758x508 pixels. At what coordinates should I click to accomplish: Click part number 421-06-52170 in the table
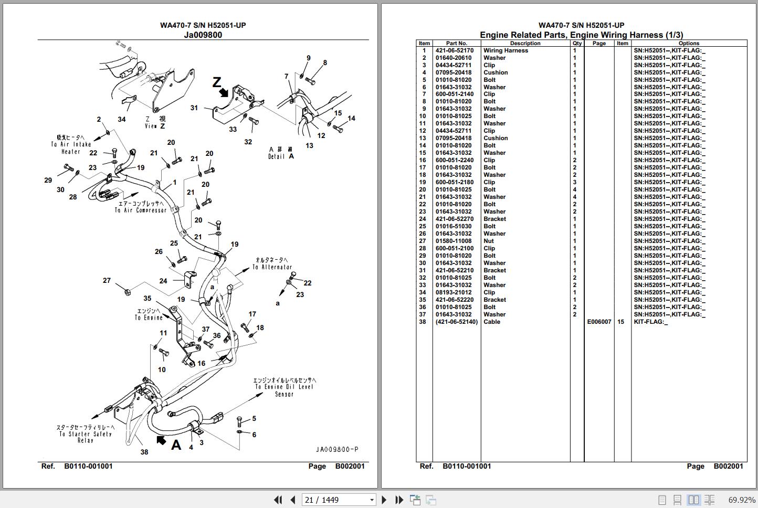(454, 51)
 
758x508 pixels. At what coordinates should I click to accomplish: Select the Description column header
(525, 44)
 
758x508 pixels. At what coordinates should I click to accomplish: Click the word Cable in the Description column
(492, 322)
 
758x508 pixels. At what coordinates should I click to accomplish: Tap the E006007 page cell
(599, 322)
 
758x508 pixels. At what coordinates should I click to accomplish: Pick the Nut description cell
(489, 241)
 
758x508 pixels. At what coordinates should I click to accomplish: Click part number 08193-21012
(454, 292)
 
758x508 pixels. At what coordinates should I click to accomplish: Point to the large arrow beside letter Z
(224, 92)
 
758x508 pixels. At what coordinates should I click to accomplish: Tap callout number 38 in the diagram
(144, 452)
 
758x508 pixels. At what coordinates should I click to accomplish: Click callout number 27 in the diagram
(107, 281)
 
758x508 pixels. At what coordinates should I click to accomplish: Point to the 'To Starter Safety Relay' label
(86, 434)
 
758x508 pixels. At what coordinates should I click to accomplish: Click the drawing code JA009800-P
(337, 449)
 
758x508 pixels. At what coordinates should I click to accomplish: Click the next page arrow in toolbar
(384, 500)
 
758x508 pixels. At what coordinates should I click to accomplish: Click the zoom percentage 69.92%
(742, 500)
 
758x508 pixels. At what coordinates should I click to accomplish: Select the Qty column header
(577, 44)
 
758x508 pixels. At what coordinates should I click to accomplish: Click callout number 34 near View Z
(122, 119)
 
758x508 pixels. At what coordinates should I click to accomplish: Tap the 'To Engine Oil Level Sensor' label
(284, 387)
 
